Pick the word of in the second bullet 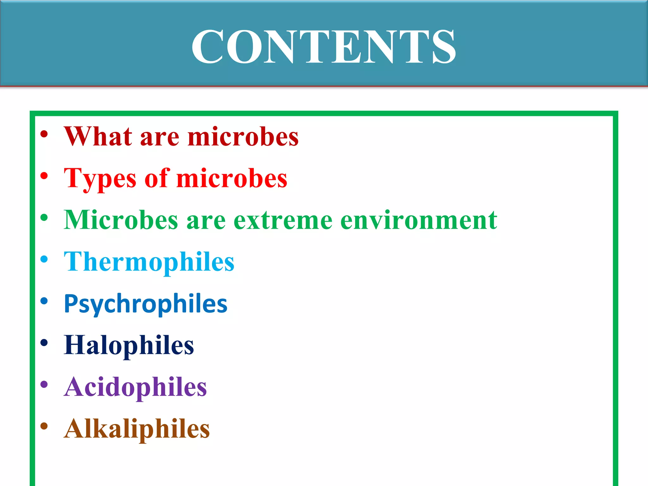coord(157,178)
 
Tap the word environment coord(419,220)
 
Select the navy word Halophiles coord(129,346)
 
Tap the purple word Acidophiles coord(135,387)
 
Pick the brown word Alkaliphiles coord(137,429)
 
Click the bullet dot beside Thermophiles coord(44,259)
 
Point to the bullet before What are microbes coord(44,134)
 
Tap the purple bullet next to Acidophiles coord(44,384)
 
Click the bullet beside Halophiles coord(44,343)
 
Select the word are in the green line coord(206,221)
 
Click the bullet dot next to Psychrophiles coord(44,301)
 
